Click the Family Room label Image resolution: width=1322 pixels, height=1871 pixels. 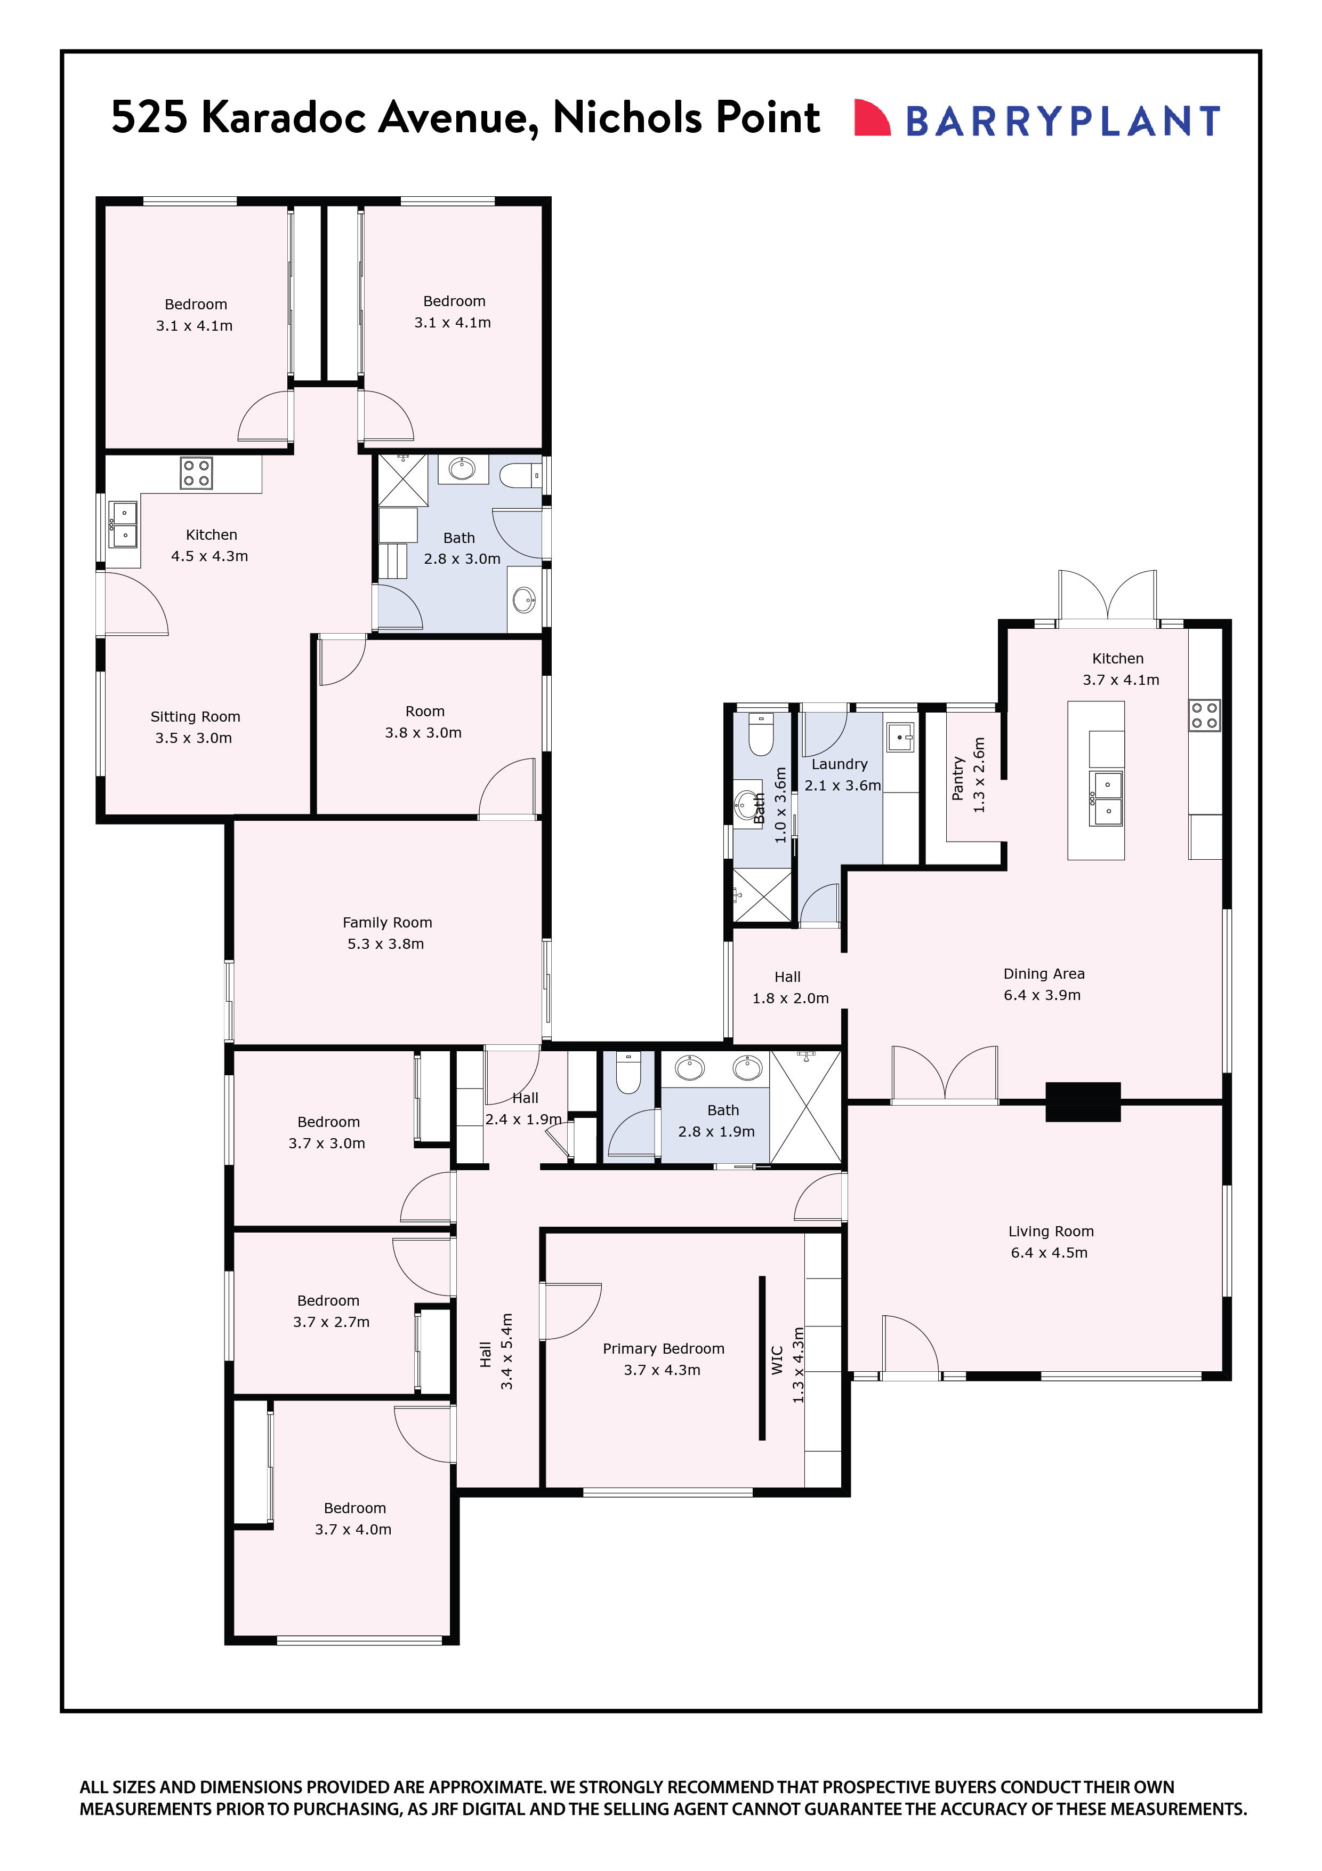[387, 923]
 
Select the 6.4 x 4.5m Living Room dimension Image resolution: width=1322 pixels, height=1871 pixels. [1049, 1252]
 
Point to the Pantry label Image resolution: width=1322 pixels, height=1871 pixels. [958, 778]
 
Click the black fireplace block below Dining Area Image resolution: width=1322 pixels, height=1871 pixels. [1083, 1102]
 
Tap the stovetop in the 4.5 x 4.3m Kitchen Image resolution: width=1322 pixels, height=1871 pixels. [196, 473]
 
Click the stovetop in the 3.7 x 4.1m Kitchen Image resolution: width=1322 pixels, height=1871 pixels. [1204, 715]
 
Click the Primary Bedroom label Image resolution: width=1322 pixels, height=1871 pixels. [663, 1349]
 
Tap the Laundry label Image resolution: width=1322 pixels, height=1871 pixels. [839, 764]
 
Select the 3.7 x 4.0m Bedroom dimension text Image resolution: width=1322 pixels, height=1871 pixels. [353, 1530]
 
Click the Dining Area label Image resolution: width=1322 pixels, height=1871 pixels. [1043, 974]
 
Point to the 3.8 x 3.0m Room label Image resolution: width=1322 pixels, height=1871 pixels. [424, 711]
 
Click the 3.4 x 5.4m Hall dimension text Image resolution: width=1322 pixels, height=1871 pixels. [506, 1351]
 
